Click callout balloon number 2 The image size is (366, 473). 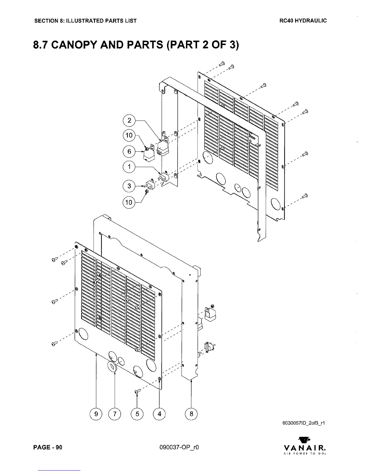point(129,120)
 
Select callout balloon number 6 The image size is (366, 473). point(129,151)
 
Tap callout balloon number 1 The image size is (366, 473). point(129,167)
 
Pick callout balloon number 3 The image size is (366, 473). point(129,186)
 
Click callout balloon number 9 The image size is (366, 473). point(96,414)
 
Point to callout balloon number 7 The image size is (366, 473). point(115,414)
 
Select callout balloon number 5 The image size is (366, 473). point(137,414)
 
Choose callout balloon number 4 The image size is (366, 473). point(159,414)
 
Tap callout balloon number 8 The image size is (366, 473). point(191,414)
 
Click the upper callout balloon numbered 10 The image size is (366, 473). point(129,135)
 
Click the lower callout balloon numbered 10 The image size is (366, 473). point(129,202)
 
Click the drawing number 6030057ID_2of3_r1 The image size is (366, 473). point(303,423)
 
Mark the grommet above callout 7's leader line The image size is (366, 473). point(112,366)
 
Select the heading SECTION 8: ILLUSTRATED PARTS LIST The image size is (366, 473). point(86,21)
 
